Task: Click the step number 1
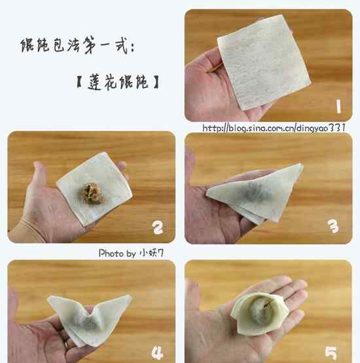click(338, 107)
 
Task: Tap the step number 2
click(158, 227)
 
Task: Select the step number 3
click(333, 226)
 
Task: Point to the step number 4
click(158, 353)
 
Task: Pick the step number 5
click(331, 354)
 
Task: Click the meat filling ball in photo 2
click(92, 193)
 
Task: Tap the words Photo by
click(117, 254)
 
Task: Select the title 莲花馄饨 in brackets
click(118, 82)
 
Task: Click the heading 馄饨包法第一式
click(77, 45)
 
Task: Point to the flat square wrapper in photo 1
click(264, 62)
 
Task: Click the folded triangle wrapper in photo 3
click(255, 193)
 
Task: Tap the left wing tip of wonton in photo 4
click(49, 297)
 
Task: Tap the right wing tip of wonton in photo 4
click(130, 296)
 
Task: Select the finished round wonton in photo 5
click(259, 313)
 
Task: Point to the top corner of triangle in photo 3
click(301, 164)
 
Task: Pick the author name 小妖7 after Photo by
click(152, 253)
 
